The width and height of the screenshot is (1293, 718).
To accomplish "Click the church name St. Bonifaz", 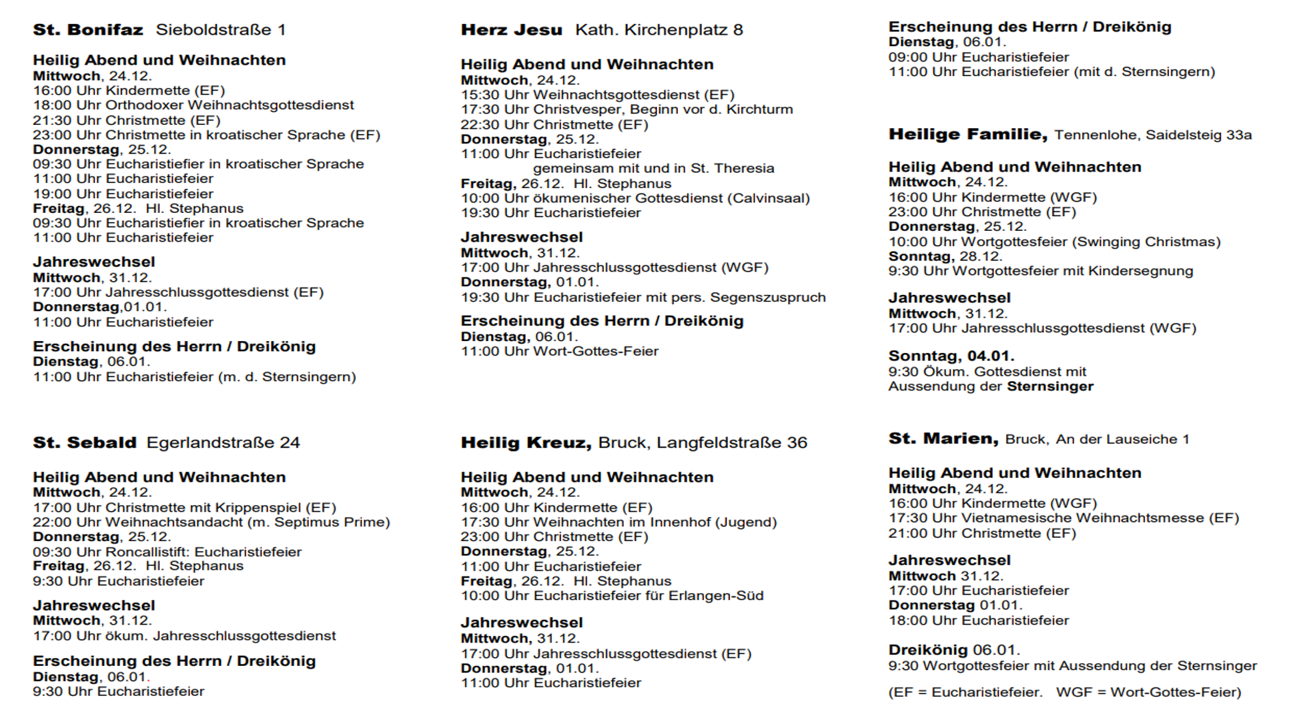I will [x=88, y=30].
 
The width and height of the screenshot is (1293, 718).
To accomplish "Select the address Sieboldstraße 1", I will [x=220, y=30].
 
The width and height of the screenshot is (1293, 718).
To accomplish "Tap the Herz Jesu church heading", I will [x=511, y=30].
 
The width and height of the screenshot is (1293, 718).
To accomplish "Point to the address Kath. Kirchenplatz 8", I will [x=659, y=30].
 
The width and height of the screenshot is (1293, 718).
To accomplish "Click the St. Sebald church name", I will [x=85, y=442].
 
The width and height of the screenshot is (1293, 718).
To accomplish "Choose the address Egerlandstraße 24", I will [x=223, y=442].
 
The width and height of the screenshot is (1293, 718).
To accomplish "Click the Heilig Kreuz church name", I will [x=526, y=442].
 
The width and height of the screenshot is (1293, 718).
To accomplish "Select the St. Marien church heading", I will [x=943, y=438].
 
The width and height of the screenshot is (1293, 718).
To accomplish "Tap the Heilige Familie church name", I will [x=967, y=134].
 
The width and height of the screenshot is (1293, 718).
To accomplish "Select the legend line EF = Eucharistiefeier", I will [x=967, y=692].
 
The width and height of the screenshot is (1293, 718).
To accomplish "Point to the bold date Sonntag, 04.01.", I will [x=951, y=356].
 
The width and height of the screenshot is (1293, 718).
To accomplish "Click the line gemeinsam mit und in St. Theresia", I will [x=653, y=168].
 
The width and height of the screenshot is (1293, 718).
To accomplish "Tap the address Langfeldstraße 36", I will [x=731, y=442].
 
